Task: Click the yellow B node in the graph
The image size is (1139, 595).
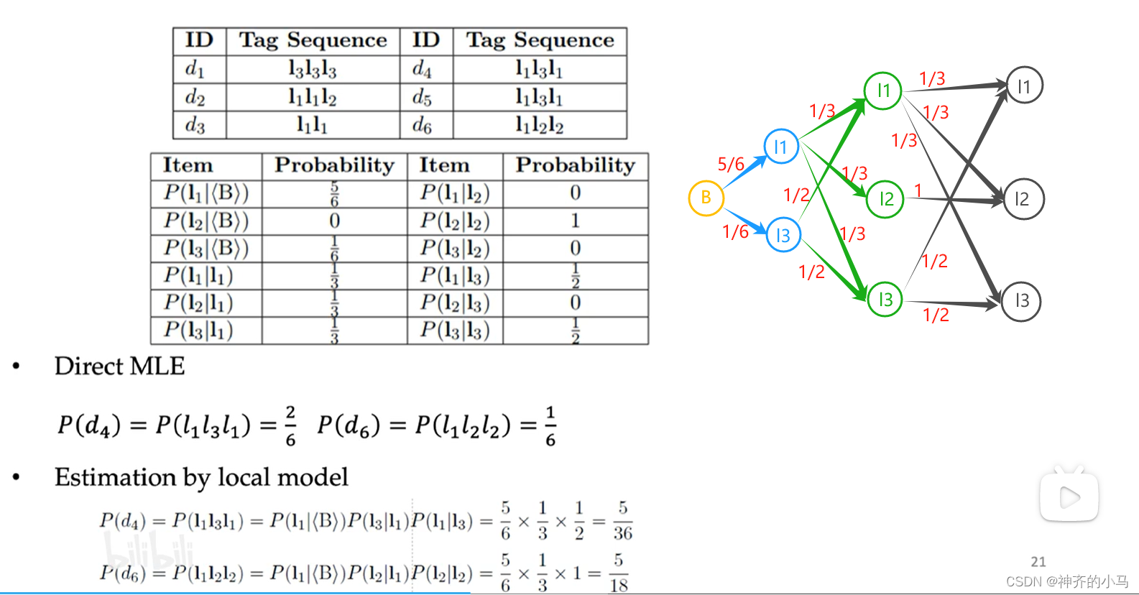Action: (706, 198)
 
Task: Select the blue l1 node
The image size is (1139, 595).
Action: (780, 147)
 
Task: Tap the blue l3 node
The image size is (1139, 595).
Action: (783, 235)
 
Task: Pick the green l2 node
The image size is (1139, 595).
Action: (886, 199)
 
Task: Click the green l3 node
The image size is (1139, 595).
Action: (885, 299)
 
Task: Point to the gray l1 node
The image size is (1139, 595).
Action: (1024, 86)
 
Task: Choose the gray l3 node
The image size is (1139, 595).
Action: (1022, 300)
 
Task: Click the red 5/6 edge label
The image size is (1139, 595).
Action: (731, 165)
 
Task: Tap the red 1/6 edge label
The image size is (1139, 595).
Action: (735, 231)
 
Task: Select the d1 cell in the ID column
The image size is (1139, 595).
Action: (195, 69)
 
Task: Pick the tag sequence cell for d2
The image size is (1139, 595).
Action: (313, 97)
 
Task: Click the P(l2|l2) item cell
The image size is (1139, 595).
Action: (455, 221)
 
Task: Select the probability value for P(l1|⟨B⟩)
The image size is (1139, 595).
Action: (334, 193)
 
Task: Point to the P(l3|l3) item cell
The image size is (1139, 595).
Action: (455, 331)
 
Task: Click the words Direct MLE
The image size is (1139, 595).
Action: (120, 366)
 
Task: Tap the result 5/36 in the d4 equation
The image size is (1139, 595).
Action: (622, 520)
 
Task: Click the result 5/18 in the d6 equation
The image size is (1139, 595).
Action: (619, 573)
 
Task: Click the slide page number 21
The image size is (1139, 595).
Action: (1038, 561)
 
